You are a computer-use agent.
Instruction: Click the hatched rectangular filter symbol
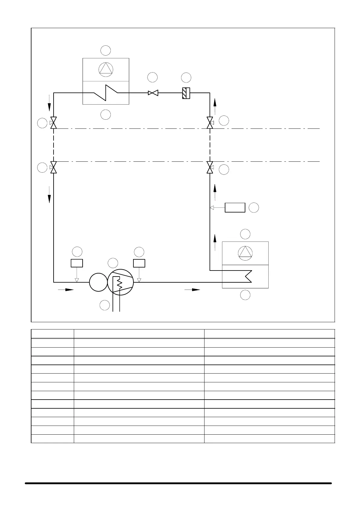pyautogui.click(x=186, y=93)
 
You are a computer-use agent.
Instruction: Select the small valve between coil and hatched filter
pyautogui.click(x=153, y=93)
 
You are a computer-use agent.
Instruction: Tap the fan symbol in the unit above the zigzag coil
pyautogui.click(x=106, y=69)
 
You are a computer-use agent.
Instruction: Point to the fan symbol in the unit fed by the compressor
pyautogui.click(x=245, y=253)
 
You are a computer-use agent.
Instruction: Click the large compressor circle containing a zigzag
pyautogui.click(x=120, y=282)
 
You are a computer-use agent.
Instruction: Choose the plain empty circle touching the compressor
pyautogui.click(x=98, y=282)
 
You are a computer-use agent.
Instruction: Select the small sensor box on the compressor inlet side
pyautogui.click(x=77, y=263)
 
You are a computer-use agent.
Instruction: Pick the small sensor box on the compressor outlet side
pyautogui.click(x=139, y=263)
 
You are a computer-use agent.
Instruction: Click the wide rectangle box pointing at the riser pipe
pyautogui.click(x=235, y=208)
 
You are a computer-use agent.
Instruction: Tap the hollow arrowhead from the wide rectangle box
pyautogui.click(x=212, y=208)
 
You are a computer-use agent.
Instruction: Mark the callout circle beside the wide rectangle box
pyautogui.click(x=254, y=208)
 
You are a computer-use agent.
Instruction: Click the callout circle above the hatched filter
pyautogui.click(x=186, y=77)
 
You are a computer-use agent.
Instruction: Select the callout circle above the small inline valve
pyautogui.click(x=153, y=77)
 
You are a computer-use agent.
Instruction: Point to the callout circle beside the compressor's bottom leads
pyautogui.click(x=105, y=305)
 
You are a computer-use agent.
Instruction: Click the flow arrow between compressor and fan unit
pyautogui.click(x=192, y=290)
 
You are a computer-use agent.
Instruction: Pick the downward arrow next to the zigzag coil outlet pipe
pyautogui.click(x=49, y=106)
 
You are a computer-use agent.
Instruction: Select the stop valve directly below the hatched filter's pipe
pyautogui.click(x=210, y=123)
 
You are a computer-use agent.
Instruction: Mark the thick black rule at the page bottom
pyautogui.click(x=178, y=483)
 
